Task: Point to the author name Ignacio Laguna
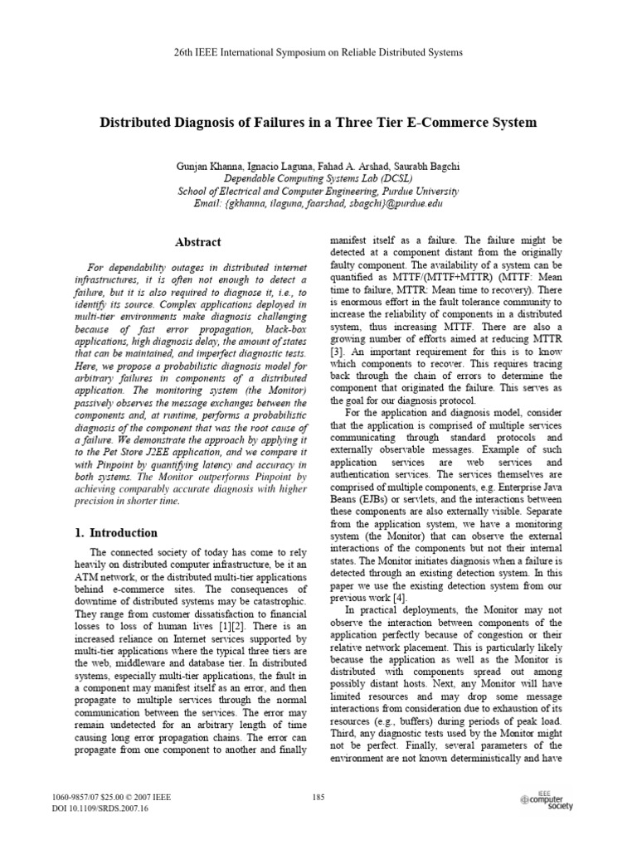coord(282,167)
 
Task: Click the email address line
coord(318,203)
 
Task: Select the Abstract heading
coord(197,242)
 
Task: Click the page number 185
coord(318,798)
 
